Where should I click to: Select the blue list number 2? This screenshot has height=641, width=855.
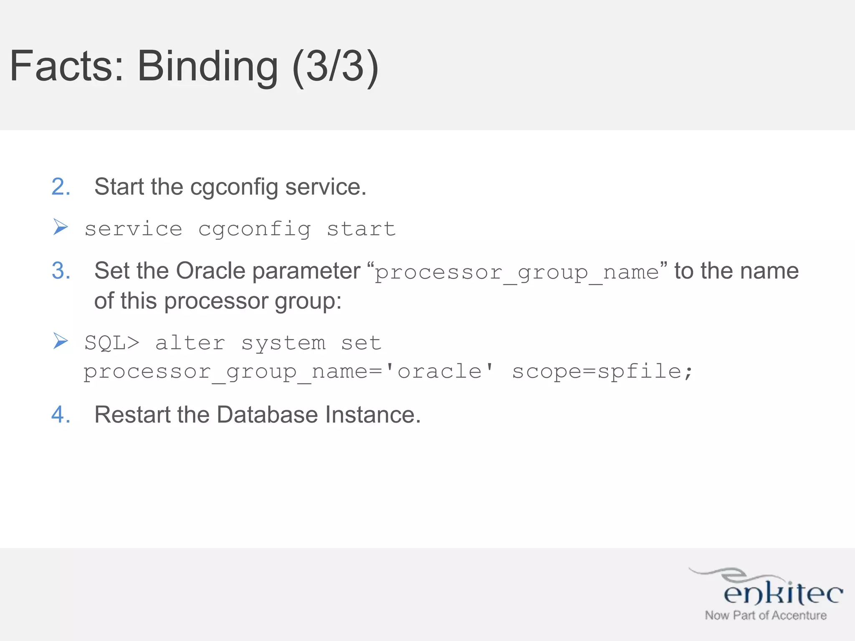[x=61, y=187]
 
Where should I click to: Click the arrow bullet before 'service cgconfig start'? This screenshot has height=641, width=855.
[x=61, y=227]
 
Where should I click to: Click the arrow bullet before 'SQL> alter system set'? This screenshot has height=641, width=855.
[x=61, y=341]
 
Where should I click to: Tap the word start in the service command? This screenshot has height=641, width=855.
[x=361, y=229]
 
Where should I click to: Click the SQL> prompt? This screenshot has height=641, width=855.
[x=111, y=343]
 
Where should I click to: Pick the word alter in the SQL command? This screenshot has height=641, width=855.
[x=190, y=343]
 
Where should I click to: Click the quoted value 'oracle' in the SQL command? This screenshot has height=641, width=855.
[x=439, y=371]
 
